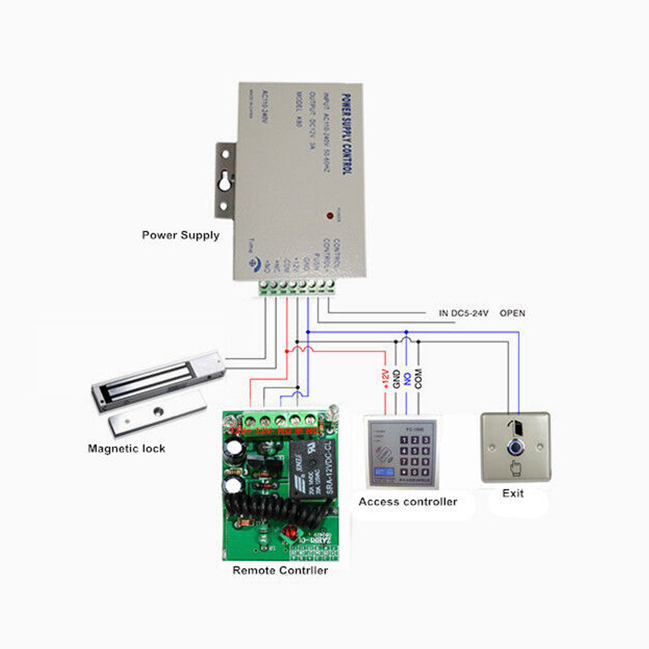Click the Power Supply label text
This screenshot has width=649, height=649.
(180, 235)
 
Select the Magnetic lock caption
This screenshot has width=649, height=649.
(127, 448)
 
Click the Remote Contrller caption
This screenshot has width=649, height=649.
(280, 570)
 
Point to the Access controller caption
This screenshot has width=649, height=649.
(408, 502)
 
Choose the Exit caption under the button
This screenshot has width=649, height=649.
(513, 493)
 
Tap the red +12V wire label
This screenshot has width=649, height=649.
(385, 378)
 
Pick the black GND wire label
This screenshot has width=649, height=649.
(396, 379)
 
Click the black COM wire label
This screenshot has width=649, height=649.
(419, 378)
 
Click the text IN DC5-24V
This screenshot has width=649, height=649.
(463, 313)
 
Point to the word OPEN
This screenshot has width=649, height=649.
(512, 313)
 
